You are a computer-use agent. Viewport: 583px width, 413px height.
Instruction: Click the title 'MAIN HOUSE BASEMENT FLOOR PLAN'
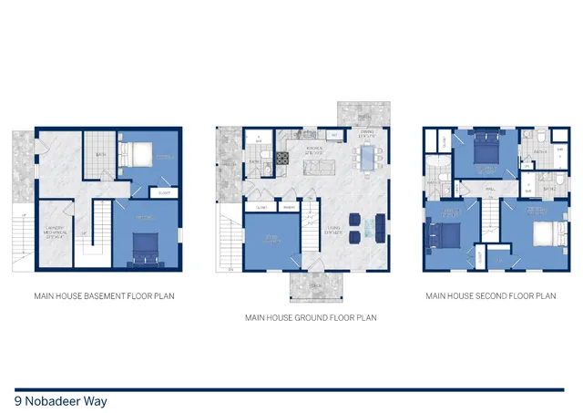tap(105, 295)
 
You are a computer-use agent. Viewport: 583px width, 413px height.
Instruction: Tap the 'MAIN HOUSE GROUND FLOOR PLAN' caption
tap(310, 318)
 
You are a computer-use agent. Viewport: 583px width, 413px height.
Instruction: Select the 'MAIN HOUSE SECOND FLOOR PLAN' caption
tap(490, 295)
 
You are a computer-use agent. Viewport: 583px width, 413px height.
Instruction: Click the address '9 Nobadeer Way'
tap(55, 400)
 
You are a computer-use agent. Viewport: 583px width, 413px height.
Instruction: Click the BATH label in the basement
tap(101, 155)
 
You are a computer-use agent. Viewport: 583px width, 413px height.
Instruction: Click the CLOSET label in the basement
tap(164, 192)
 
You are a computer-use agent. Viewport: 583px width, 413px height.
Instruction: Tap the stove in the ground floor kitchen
tap(282, 159)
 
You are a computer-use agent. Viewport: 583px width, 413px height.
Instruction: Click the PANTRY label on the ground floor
tap(289, 207)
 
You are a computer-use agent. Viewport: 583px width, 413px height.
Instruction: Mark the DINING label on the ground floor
tap(366, 135)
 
